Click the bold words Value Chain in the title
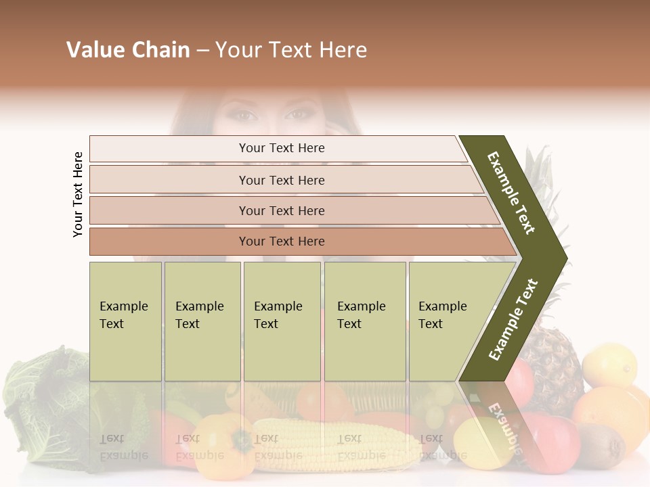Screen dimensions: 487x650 [x=128, y=50]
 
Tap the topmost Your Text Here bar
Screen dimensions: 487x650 [x=281, y=148]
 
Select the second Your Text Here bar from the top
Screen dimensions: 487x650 [x=281, y=180]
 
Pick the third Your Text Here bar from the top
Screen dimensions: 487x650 [x=281, y=210]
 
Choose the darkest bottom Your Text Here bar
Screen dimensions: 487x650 [x=281, y=241]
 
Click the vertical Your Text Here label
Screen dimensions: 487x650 [x=78, y=194]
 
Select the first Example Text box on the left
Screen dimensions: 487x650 [x=125, y=321]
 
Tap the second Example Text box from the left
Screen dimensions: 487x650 [x=202, y=321]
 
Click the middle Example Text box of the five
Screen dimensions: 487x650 [x=282, y=321]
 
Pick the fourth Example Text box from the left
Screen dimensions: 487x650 [x=365, y=321]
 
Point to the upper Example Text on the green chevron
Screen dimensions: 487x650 [x=511, y=193]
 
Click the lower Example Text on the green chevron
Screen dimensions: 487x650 [x=513, y=319]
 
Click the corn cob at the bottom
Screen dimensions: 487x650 [x=332, y=443]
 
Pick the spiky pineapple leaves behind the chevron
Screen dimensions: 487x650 [x=542, y=169]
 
